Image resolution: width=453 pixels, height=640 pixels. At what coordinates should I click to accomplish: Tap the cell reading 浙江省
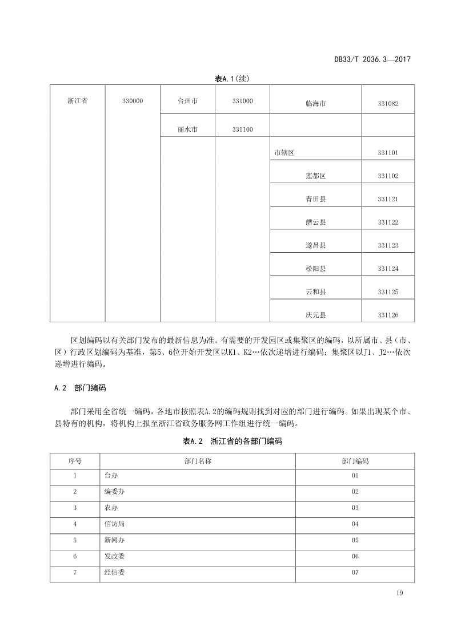(77, 101)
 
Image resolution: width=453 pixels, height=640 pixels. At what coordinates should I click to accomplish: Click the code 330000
(132, 101)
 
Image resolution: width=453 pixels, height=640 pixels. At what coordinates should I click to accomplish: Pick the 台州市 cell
(187, 101)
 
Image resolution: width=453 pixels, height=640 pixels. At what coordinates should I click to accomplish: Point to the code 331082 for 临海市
(388, 104)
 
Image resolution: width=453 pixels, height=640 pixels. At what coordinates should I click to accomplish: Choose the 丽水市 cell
(187, 129)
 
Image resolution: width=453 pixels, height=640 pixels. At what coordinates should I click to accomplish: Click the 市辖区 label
(284, 153)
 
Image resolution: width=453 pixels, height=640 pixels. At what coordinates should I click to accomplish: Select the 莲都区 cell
(315, 176)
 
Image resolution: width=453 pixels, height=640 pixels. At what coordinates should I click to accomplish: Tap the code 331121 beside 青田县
(388, 199)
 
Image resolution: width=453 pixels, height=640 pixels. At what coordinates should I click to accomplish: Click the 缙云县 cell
(315, 222)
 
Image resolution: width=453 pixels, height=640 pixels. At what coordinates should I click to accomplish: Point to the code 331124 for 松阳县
(388, 269)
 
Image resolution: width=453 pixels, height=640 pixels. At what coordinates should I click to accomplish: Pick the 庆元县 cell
(315, 315)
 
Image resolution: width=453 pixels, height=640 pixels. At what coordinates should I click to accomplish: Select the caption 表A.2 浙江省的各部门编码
(232, 441)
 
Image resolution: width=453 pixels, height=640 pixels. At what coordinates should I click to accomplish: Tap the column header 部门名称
(198, 461)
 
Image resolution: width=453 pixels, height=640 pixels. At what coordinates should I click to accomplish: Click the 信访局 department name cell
(111, 524)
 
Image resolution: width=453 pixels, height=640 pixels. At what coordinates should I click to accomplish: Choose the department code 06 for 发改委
(355, 556)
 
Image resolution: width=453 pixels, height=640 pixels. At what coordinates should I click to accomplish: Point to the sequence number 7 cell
(75, 572)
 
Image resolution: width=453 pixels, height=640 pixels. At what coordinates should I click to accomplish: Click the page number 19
(399, 594)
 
